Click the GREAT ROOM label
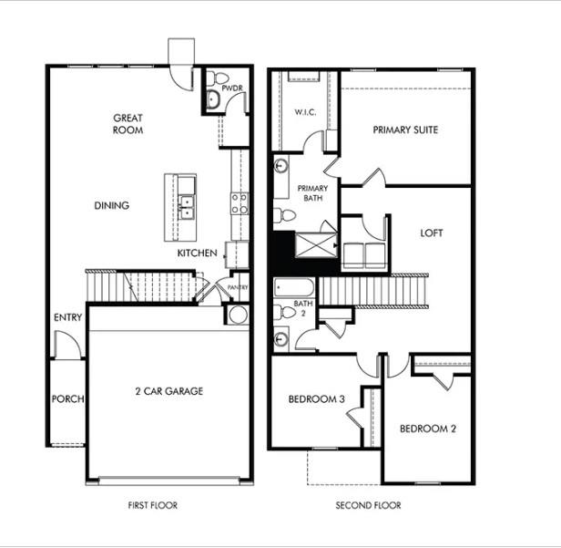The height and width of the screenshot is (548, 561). click(x=128, y=123)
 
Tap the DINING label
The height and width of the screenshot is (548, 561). click(x=111, y=205)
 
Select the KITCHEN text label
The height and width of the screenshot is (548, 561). click(x=197, y=253)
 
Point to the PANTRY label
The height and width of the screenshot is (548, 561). click(x=238, y=286)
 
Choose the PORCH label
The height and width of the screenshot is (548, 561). click(x=67, y=398)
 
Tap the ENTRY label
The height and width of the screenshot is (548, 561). click(x=67, y=317)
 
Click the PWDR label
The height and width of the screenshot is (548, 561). click(x=230, y=89)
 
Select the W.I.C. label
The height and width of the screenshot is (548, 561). click(x=304, y=113)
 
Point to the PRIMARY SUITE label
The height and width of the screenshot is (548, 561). click(x=405, y=129)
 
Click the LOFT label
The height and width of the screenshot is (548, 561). click(x=432, y=233)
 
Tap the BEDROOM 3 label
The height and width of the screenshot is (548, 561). click(x=315, y=399)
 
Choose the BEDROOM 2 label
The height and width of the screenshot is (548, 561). click(x=428, y=428)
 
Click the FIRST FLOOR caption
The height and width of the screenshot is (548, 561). click(x=152, y=505)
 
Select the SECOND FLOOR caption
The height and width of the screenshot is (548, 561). click(x=368, y=505)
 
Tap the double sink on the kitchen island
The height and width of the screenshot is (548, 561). click(x=187, y=207)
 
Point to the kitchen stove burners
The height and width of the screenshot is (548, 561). click(x=240, y=203)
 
